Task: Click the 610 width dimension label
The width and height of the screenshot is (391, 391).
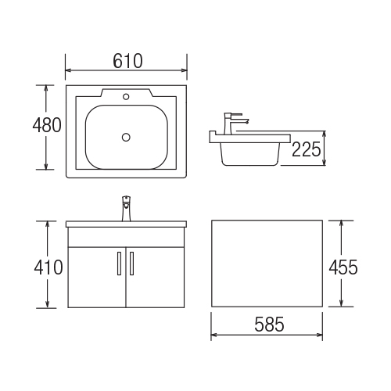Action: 127,61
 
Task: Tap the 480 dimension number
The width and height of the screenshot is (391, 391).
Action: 47,125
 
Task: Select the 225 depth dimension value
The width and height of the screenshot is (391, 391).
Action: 306,149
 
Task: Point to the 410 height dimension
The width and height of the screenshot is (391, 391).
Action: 48,267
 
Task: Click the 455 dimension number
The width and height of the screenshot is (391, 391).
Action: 343,267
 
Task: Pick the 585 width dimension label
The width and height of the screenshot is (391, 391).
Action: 269,325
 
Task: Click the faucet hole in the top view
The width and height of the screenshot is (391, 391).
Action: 126,97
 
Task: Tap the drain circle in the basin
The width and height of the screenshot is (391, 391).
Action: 126,137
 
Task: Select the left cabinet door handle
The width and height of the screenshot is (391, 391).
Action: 119,264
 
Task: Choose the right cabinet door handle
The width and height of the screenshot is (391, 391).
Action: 131,264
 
